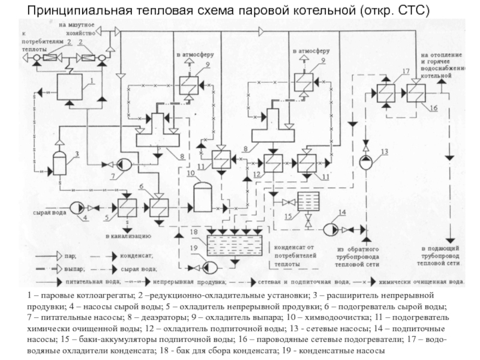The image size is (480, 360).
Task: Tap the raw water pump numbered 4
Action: click(x=76, y=208)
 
